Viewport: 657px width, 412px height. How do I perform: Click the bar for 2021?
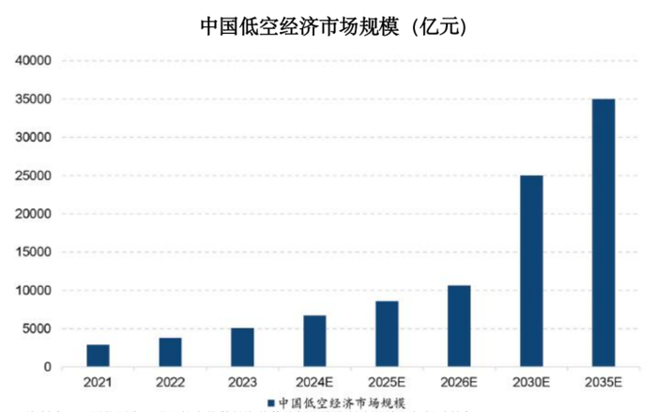(99, 356)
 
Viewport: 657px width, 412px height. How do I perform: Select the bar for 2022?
(170, 352)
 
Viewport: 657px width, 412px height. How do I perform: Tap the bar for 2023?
(242, 347)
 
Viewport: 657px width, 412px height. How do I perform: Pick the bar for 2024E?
(314, 341)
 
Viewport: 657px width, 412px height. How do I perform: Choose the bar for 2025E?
(387, 334)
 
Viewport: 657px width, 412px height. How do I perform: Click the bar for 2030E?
(531, 271)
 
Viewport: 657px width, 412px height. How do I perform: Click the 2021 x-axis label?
(99, 383)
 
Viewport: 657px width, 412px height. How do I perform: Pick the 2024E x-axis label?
(314, 383)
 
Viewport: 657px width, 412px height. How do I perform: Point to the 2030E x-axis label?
(531, 383)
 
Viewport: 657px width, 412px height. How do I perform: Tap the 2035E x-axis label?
(604, 383)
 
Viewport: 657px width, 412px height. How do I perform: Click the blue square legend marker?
(270, 403)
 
